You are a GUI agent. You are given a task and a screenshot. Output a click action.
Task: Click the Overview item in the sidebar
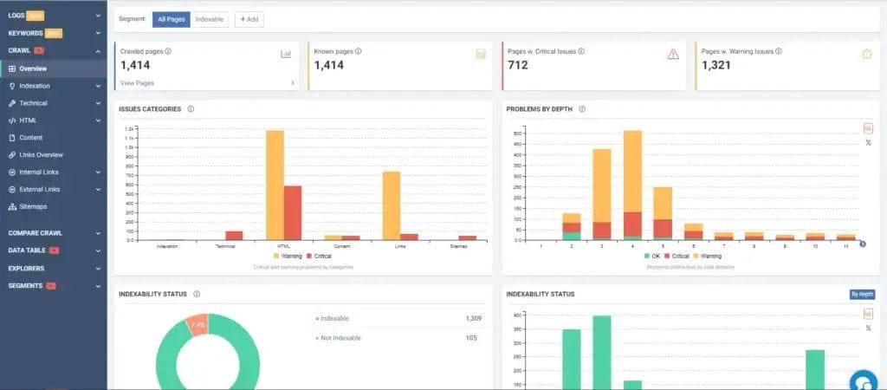coord(33,68)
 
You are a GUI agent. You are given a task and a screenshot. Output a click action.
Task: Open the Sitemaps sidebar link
coord(33,206)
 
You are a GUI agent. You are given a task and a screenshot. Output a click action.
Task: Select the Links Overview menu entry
coord(41,154)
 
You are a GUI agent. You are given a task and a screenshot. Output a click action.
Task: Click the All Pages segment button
coord(171,18)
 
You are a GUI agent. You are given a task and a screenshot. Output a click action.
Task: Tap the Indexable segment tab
coord(209,18)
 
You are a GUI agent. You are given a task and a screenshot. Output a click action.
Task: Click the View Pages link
coord(137,82)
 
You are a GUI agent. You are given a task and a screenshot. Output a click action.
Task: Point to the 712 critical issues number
coord(518,65)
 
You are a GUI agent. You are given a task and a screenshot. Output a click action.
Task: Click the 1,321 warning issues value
coord(716,65)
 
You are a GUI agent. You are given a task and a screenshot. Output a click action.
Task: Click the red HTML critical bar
coord(293,211)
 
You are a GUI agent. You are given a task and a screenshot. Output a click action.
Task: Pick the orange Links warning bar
coord(392,205)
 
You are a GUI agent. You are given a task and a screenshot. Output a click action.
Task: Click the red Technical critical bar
coord(234,235)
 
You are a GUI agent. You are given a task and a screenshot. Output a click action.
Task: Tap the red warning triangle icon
coord(673,54)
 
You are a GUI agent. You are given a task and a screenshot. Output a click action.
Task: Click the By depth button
coord(862,294)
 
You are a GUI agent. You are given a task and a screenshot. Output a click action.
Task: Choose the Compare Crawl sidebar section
coord(36,232)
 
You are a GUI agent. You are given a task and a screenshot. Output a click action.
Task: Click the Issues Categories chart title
coord(151,109)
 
